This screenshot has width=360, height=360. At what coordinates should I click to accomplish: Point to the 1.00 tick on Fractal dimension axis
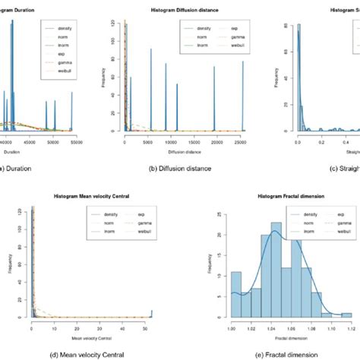click(x=232, y=324)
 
